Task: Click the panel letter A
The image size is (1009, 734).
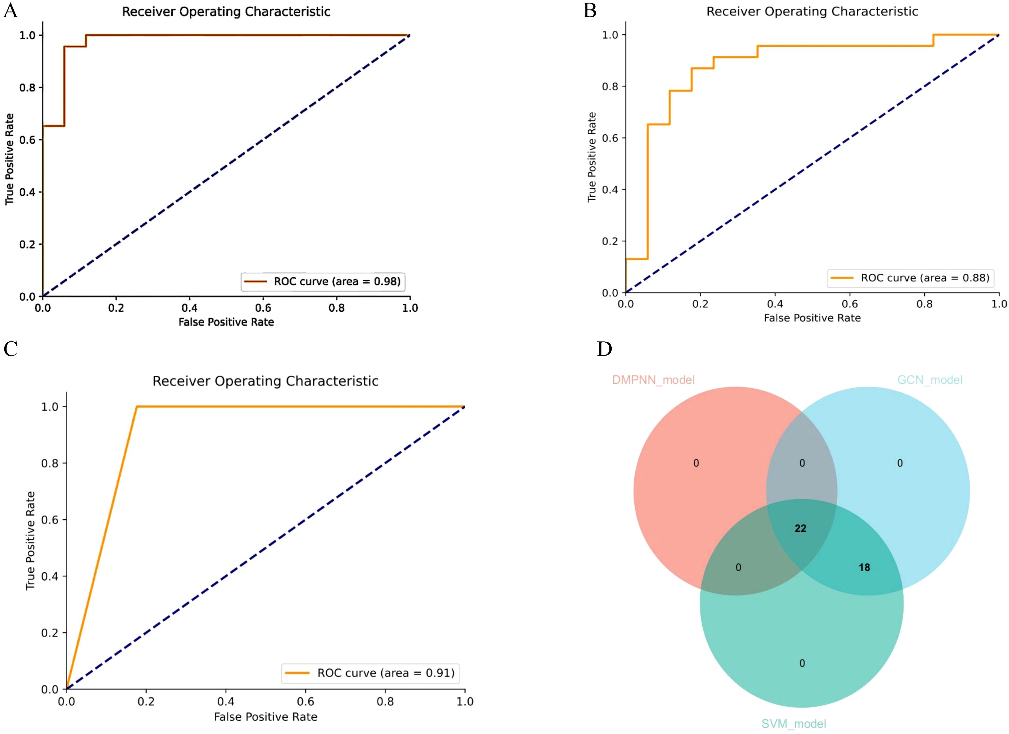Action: tap(11, 11)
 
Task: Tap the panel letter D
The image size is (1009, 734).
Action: tap(604, 349)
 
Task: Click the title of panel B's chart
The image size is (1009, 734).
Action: tap(812, 11)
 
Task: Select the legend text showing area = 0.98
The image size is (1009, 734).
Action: tap(337, 281)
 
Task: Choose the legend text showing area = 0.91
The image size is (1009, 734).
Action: tap(386, 673)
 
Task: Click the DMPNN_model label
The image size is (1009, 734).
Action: tap(653, 380)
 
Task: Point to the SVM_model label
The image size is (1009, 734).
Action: tap(794, 724)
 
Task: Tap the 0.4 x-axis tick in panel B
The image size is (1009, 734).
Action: tap(775, 304)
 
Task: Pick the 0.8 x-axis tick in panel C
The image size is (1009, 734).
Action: tap(385, 702)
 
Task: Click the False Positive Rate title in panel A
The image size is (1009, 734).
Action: tap(226, 322)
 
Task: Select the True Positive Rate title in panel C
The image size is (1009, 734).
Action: tap(30, 541)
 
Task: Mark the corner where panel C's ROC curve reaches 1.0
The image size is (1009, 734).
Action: tap(137, 407)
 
